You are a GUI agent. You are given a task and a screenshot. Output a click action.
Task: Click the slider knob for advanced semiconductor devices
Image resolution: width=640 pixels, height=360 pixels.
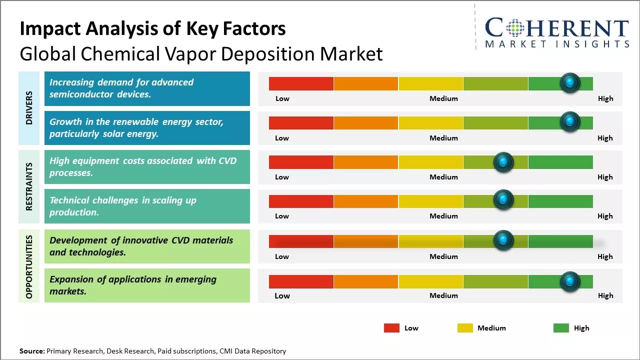pos(570,83)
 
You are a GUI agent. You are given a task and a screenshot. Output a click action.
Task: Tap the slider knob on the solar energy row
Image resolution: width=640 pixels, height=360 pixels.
pos(570,122)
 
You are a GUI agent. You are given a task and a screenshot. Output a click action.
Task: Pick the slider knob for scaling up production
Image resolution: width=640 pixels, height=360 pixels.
pos(503,200)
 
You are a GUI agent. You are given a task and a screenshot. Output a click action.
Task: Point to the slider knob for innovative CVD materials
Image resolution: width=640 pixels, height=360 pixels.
pos(503,240)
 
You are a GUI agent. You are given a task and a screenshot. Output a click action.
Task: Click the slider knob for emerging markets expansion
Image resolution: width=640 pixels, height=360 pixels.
pos(570,281)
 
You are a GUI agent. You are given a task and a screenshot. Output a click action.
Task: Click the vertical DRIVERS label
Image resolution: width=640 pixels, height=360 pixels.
pos(29,108)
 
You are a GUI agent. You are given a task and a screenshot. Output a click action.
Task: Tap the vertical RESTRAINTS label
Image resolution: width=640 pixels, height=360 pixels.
pos(29,186)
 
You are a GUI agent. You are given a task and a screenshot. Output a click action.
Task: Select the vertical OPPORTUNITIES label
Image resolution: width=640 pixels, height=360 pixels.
pos(29,266)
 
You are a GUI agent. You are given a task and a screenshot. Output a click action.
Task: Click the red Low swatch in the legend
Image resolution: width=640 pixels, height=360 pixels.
pos(391,328)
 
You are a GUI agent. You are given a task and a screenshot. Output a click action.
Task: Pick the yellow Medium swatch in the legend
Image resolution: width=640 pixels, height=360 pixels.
pos(465,328)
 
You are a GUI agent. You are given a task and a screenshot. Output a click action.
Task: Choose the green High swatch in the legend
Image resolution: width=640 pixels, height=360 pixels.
pos(561,328)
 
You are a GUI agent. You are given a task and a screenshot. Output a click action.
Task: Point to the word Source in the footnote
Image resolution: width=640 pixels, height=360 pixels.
pos(32,351)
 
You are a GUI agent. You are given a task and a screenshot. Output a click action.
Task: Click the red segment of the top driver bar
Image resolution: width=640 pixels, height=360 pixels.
pos(301,83)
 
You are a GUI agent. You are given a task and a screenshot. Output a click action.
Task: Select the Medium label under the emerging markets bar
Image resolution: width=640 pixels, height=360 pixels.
pos(443,295)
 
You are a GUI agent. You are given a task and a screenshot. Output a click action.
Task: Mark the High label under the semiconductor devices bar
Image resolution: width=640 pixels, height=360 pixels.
pos(605,98)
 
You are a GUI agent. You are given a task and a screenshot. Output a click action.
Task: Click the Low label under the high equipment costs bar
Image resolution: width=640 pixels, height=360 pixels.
pos(282,177)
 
